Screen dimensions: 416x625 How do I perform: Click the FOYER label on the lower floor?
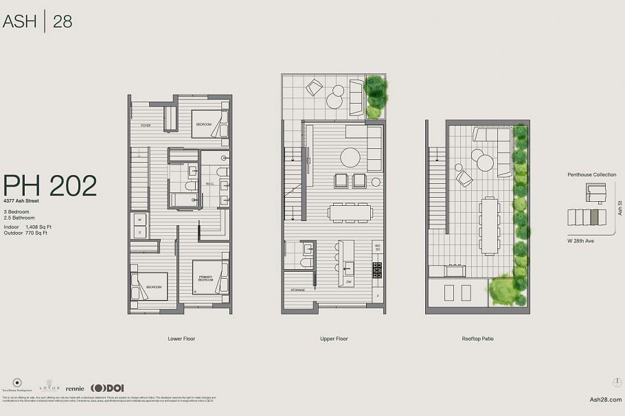point(146,126)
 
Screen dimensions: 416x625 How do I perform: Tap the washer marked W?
point(139,220)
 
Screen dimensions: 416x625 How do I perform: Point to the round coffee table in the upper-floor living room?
point(350,157)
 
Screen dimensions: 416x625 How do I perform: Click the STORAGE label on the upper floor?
point(297,290)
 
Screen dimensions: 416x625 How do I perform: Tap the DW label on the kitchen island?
point(348,282)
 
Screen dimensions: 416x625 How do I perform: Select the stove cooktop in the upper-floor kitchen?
point(377,268)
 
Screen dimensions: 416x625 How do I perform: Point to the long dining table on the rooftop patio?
point(490,225)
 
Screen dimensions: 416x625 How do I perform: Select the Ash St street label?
point(620,207)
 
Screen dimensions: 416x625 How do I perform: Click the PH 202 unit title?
point(49,186)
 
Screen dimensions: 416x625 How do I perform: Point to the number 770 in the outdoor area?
point(30,233)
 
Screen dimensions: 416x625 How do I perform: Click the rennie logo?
point(75,389)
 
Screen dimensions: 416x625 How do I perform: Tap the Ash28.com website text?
point(606,399)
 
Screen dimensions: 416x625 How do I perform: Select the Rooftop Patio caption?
point(478,338)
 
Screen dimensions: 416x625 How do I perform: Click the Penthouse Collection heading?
point(591,175)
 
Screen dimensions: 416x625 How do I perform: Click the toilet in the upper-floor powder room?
point(306,262)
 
